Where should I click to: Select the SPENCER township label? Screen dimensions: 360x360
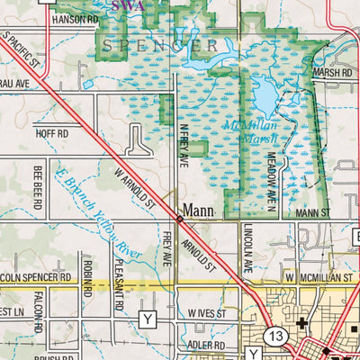click(159, 44)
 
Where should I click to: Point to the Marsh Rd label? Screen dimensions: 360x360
click(333, 72)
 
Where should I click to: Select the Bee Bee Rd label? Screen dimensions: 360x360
click(39, 186)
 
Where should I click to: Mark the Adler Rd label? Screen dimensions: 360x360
click(206, 345)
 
